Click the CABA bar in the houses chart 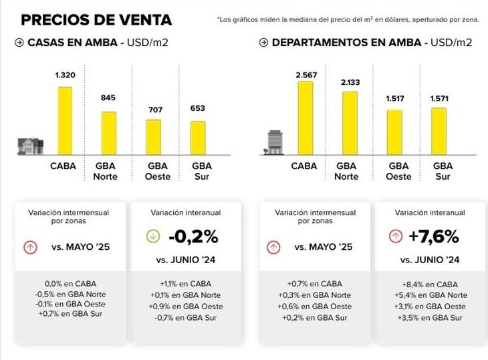click(64, 120)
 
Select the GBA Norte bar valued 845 click(109, 133)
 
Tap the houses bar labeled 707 click(153, 137)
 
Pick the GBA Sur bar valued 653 click(197, 138)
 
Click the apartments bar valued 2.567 click(305, 118)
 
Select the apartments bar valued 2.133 click(350, 123)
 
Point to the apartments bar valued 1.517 click(394, 132)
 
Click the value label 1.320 click(65, 76)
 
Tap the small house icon click(30, 146)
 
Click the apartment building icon click(274, 142)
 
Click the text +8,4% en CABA click(429, 284)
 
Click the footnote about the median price click(348, 20)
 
